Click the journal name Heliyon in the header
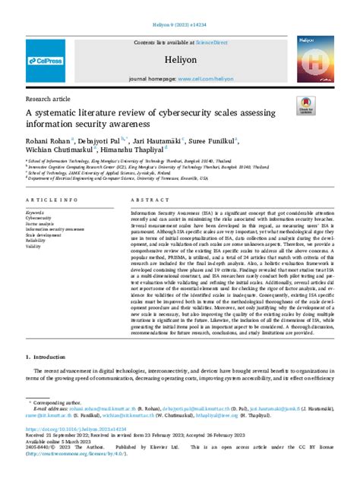point(180,58)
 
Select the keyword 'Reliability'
point(36,241)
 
